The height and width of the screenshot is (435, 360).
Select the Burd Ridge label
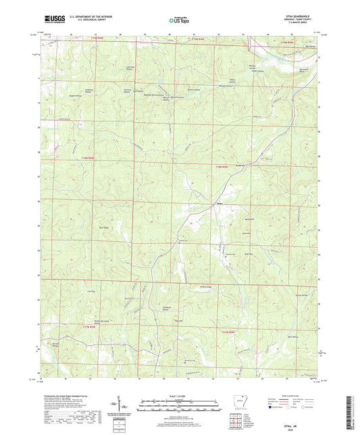click(x=105, y=228)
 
